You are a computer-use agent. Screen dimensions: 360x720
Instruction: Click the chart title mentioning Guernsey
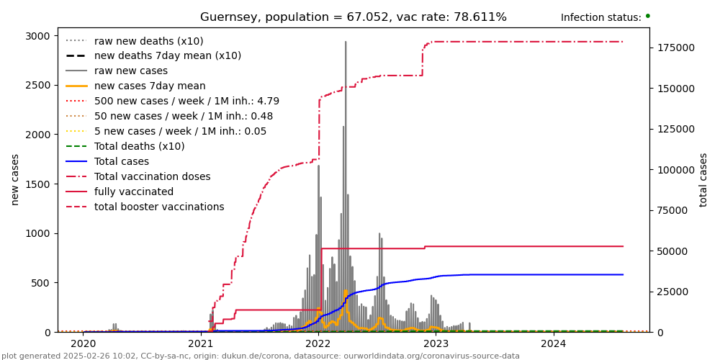point(353,17)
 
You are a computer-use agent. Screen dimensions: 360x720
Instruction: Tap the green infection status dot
point(647,16)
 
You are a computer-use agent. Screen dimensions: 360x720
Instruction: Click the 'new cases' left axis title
point(14,179)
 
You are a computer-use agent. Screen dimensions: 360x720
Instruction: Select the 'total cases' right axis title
point(703,179)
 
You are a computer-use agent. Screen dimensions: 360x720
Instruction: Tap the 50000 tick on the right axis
point(672,251)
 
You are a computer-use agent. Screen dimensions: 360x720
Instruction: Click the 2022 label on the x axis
point(318,343)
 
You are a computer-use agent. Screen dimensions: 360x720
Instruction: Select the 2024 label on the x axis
point(553,343)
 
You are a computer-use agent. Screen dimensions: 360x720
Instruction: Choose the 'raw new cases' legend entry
point(130,71)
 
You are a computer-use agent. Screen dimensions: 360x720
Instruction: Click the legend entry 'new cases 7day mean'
point(150,86)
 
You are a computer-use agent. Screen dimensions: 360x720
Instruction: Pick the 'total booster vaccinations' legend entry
point(159,207)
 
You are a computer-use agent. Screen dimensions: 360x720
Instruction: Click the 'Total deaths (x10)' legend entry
point(139,147)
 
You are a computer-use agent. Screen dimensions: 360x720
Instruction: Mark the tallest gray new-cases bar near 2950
point(346,43)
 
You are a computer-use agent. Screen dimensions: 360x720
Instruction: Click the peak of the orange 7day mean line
point(346,291)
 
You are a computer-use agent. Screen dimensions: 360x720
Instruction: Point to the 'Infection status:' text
point(600,18)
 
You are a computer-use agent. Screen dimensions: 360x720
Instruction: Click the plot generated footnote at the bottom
point(260,356)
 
